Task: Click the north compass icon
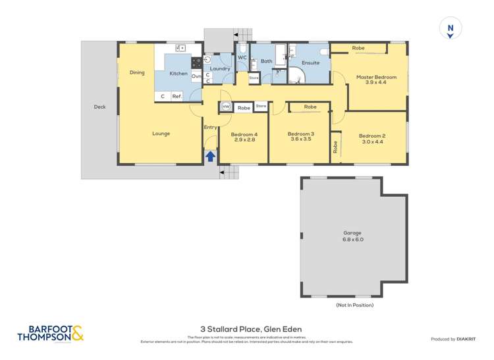[x=451, y=30]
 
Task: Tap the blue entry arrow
[x=210, y=157]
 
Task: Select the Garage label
[x=353, y=233]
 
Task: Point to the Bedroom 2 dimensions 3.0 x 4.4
[x=372, y=141]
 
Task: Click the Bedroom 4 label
[x=242, y=135]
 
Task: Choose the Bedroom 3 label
[x=300, y=134]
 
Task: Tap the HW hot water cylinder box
[x=225, y=107]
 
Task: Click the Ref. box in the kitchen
[x=177, y=96]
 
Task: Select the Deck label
[x=99, y=107]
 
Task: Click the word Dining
[x=136, y=72]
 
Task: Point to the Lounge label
[x=161, y=134]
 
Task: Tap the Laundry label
[x=219, y=68]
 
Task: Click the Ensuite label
[x=310, y=63]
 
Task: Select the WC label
[x=241, y=57]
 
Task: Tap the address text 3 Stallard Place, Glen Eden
[x=246, y=329]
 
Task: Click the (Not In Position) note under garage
[x=354, y=305]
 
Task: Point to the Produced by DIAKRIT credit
[x=453, y=339]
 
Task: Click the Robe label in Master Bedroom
[x=358, y=48]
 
